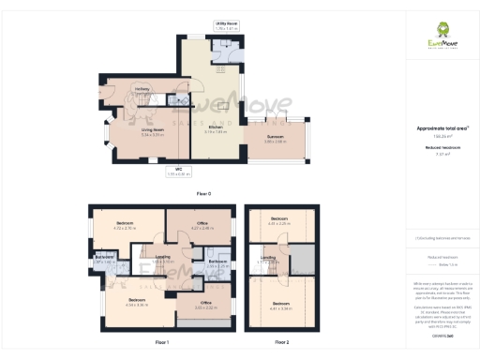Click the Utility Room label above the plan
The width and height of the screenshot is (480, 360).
(x=227, y=22)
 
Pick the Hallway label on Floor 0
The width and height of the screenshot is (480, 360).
(x=142, y=89)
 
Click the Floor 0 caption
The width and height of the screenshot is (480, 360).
(x=203, y=193)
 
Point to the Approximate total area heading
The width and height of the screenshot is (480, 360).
(x=442, y=127)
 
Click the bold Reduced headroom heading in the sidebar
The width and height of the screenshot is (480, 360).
(x=442, y=147)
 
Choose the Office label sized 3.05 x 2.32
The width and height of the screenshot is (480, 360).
(x=205, y=304)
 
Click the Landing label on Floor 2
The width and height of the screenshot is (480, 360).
(x=268, y=257)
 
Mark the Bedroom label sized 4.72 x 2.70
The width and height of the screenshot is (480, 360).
(x=125, y=224)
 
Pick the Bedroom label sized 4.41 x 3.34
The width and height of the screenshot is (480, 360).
(x=281, y=304)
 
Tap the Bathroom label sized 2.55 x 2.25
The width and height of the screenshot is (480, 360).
(x=217, y=262)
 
